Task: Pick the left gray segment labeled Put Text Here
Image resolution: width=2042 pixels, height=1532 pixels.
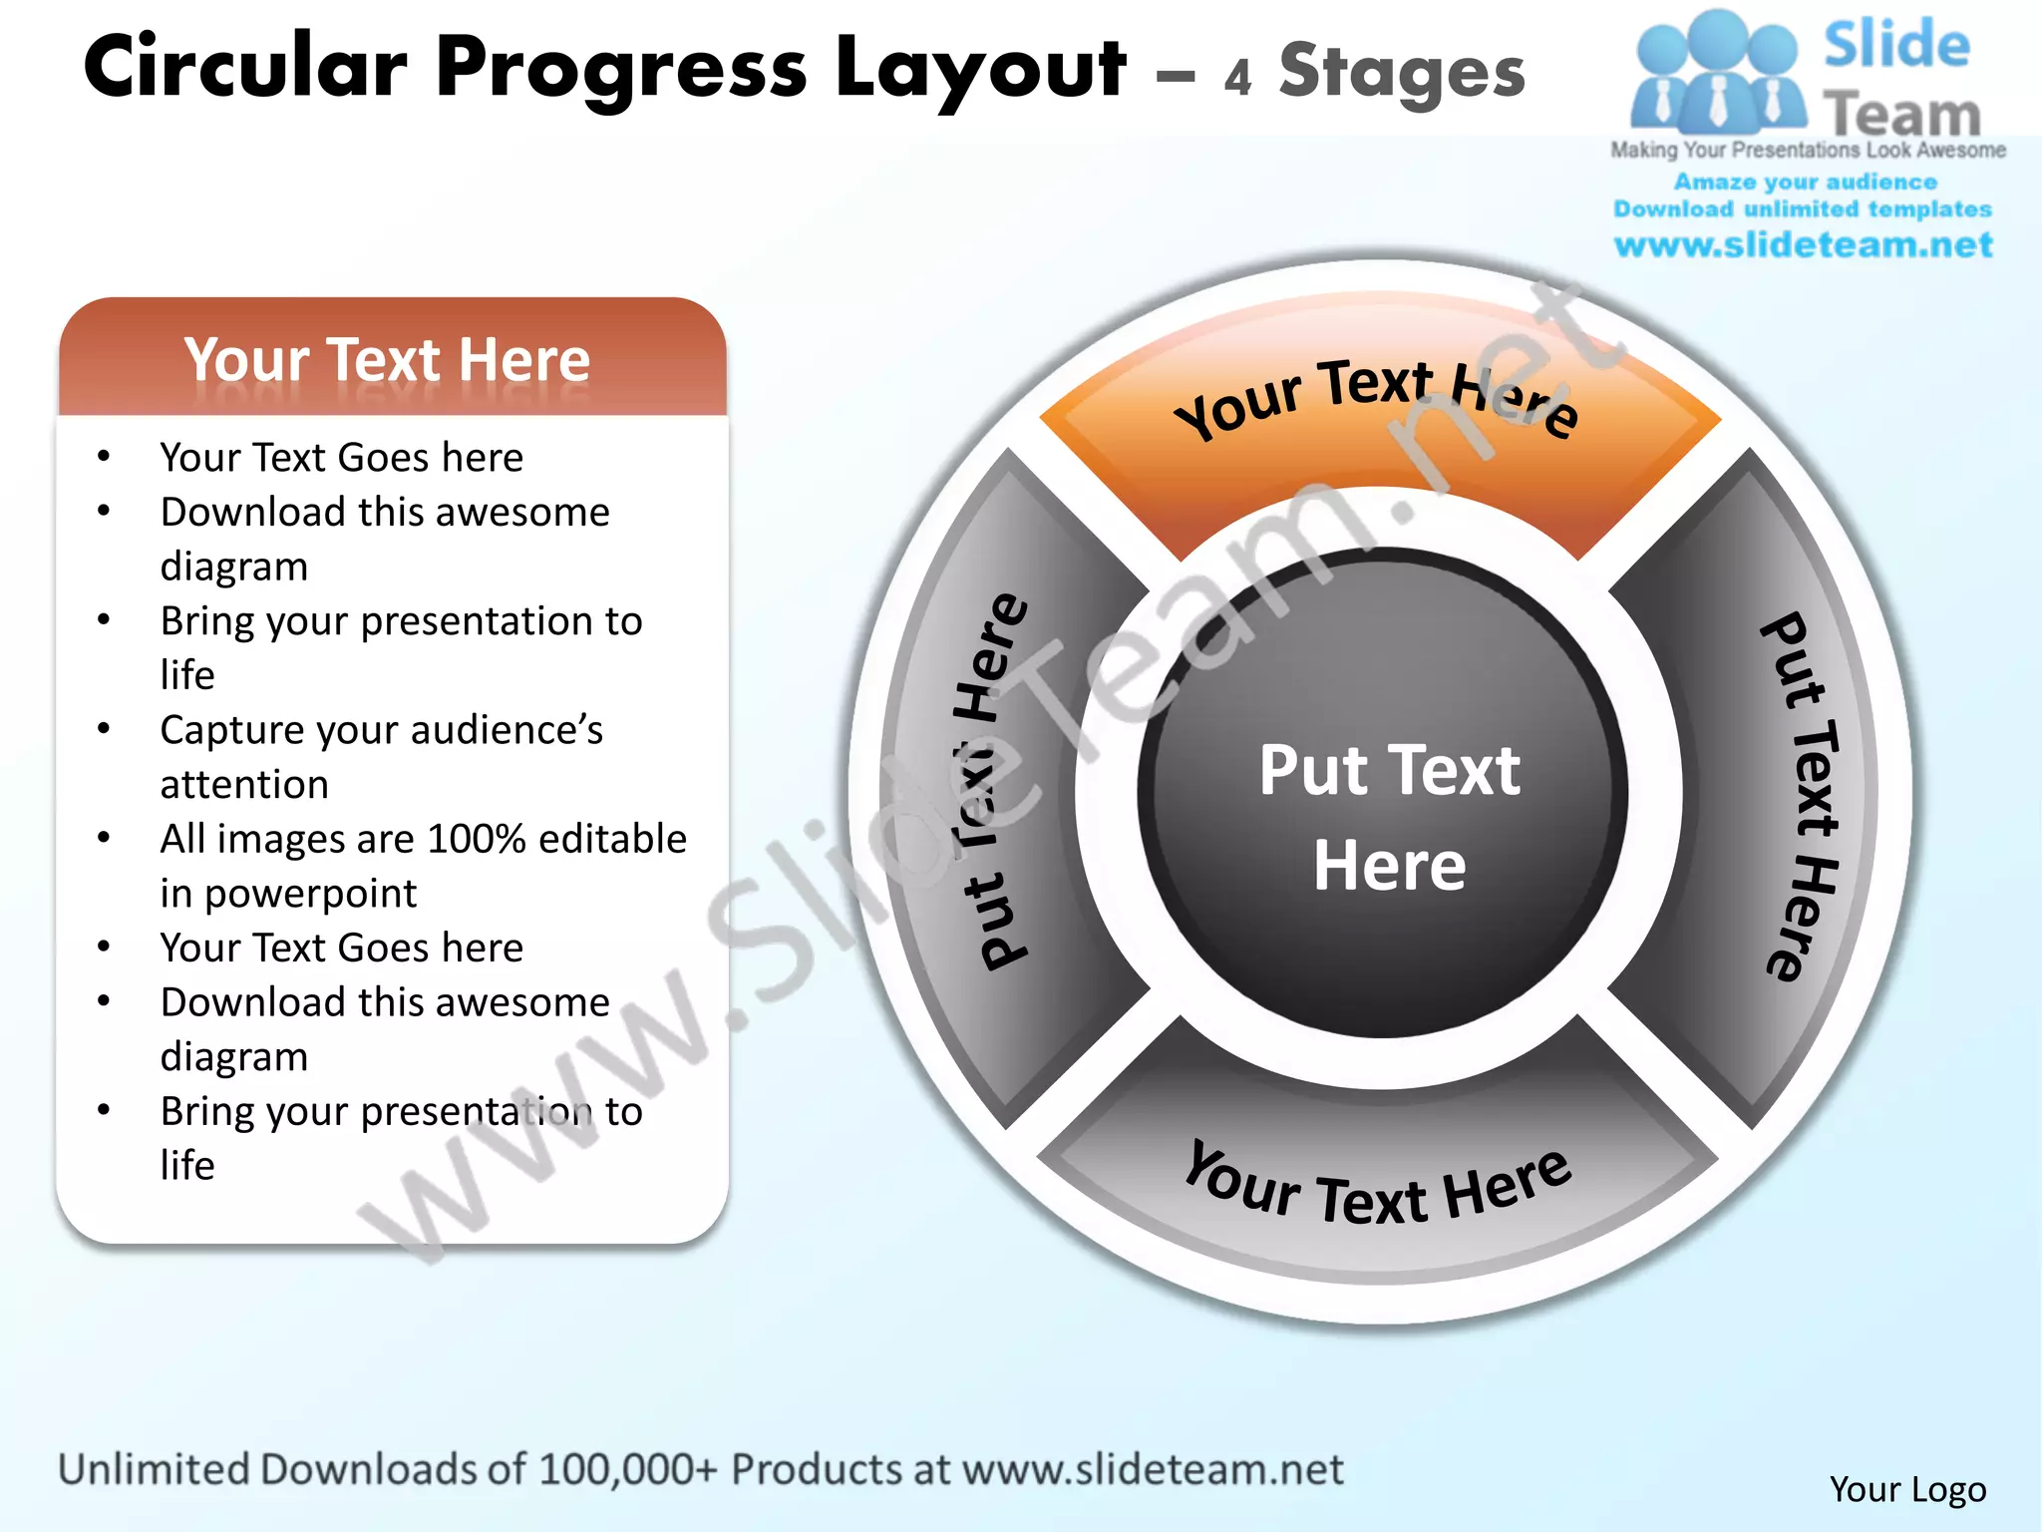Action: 1007,788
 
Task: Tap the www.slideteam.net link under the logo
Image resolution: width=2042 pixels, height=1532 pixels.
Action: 1803,245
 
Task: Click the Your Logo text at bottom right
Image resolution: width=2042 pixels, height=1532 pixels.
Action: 1907,1489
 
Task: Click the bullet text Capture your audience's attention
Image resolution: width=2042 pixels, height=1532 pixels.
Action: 381,756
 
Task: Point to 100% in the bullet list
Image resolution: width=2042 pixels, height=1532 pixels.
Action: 478,839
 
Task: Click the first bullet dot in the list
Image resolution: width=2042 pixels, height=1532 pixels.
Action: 104,458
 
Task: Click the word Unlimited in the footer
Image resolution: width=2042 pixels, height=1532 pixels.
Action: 154,1469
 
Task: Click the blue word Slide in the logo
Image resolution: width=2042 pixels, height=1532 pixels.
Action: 1896,45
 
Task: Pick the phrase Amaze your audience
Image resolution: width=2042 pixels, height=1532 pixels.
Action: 1805,183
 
